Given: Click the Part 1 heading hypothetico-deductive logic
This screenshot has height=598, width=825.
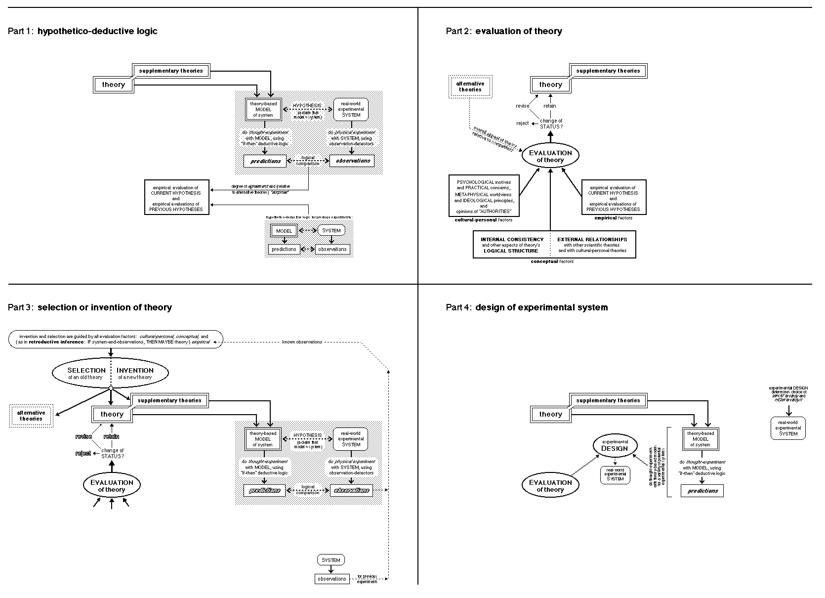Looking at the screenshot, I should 97,31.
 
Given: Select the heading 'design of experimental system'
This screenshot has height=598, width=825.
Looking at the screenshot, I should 541,307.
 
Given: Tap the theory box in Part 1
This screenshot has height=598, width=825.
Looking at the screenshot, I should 114,85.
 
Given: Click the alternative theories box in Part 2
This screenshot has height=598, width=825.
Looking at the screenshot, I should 470,86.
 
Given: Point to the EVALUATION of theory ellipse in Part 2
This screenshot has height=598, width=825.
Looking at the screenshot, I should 550,156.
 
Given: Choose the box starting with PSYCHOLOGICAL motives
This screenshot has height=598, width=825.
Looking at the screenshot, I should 484,196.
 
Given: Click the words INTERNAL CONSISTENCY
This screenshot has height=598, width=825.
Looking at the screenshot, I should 512,240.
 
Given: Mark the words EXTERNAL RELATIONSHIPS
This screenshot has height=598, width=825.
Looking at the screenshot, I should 592,240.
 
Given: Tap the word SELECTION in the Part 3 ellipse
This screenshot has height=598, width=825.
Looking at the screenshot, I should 86,370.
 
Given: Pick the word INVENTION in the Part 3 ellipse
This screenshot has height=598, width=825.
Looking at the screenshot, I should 135,370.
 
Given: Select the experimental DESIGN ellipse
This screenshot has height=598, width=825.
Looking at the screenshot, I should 615,446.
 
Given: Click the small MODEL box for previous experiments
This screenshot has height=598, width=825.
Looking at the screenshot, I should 284,231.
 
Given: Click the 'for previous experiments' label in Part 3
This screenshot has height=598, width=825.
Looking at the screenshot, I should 367,579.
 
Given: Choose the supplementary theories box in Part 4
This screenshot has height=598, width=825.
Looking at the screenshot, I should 608,400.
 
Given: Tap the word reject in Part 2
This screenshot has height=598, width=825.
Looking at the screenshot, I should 523,123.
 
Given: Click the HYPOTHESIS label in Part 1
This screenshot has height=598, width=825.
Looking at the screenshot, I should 307,106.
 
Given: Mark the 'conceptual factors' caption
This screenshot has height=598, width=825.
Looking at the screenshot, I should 552,261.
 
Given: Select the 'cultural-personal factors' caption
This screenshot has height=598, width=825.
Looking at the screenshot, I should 484,220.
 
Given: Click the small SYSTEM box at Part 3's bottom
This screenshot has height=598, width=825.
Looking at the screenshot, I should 331,560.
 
